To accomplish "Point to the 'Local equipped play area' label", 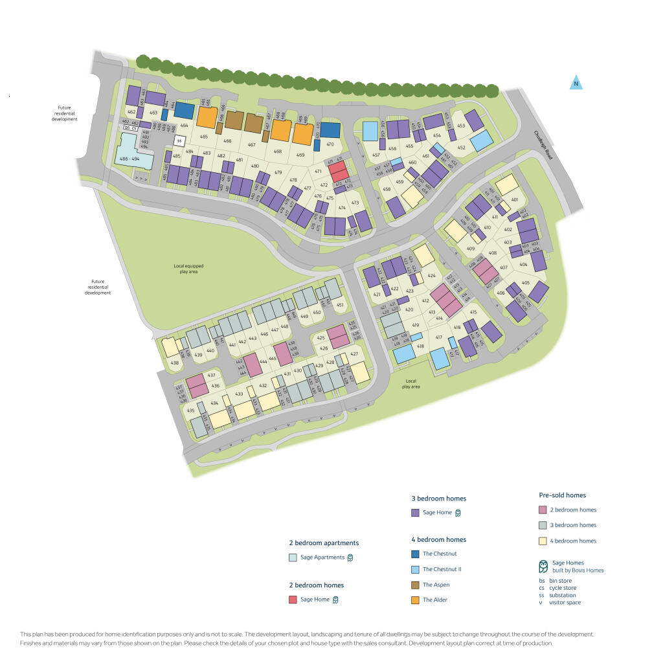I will pos(185,269).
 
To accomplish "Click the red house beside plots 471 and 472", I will pos(337,172).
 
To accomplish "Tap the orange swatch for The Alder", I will pos(415,600).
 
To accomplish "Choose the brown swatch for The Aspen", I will pos(415,585).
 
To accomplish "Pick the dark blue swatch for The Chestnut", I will pos(415,554).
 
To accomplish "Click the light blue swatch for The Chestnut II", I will pos(415,569).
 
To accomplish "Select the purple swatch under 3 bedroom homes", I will pos(415,513).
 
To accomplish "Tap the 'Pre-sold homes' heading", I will pos(562,495).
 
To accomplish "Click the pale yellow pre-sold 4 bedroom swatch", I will pos(543,541).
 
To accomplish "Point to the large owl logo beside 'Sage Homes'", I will pos(543,567).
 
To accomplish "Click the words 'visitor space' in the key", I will pos(565,603).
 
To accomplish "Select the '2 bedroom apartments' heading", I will pos(324,543).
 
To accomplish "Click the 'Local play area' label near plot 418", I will pos(410,383).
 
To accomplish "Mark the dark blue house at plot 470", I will pos(331,130).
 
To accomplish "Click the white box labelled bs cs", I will pos(131,128).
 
